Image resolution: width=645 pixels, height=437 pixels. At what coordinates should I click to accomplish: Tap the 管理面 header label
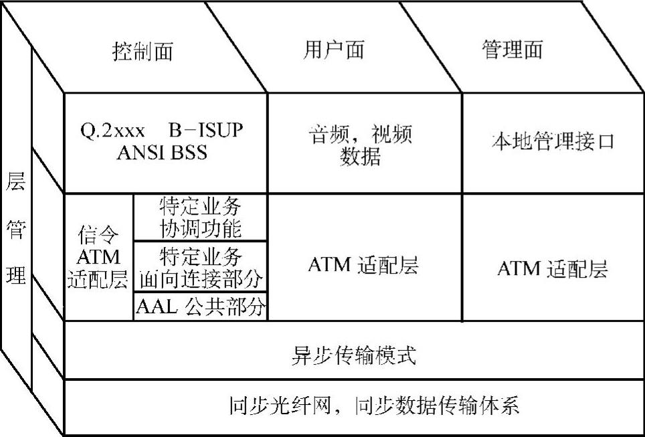513,50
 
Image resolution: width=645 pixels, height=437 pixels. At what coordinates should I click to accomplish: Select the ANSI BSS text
162,153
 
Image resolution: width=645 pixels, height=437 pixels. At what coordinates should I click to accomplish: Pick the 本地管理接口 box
553,142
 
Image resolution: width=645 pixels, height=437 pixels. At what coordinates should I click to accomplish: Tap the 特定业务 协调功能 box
200,217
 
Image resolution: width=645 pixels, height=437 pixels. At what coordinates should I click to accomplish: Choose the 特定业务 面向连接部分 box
200,267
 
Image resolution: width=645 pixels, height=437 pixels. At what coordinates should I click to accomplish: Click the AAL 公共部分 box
200,307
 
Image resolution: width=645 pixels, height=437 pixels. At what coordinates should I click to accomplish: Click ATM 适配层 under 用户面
363,266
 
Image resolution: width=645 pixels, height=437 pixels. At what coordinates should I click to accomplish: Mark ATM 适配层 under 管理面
553,269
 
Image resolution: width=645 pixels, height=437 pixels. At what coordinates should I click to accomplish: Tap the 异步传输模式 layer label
355,355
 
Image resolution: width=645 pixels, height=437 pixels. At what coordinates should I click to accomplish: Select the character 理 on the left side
16,275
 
